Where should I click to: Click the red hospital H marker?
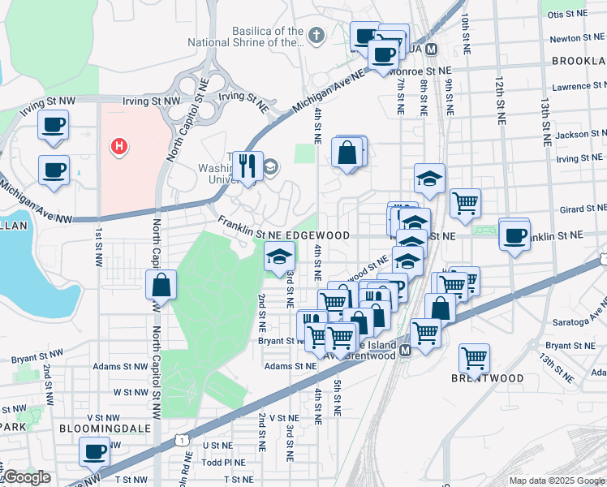(x=119, y=147)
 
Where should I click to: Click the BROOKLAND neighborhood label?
(x=579, y=61)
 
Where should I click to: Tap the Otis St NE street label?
(x=566, y=15)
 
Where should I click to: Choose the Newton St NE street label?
(x=578, y=38)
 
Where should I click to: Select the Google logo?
(x=27, y=477)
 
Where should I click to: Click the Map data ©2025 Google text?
(x=556, y=481)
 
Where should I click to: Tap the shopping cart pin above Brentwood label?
(x=474, y=357)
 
